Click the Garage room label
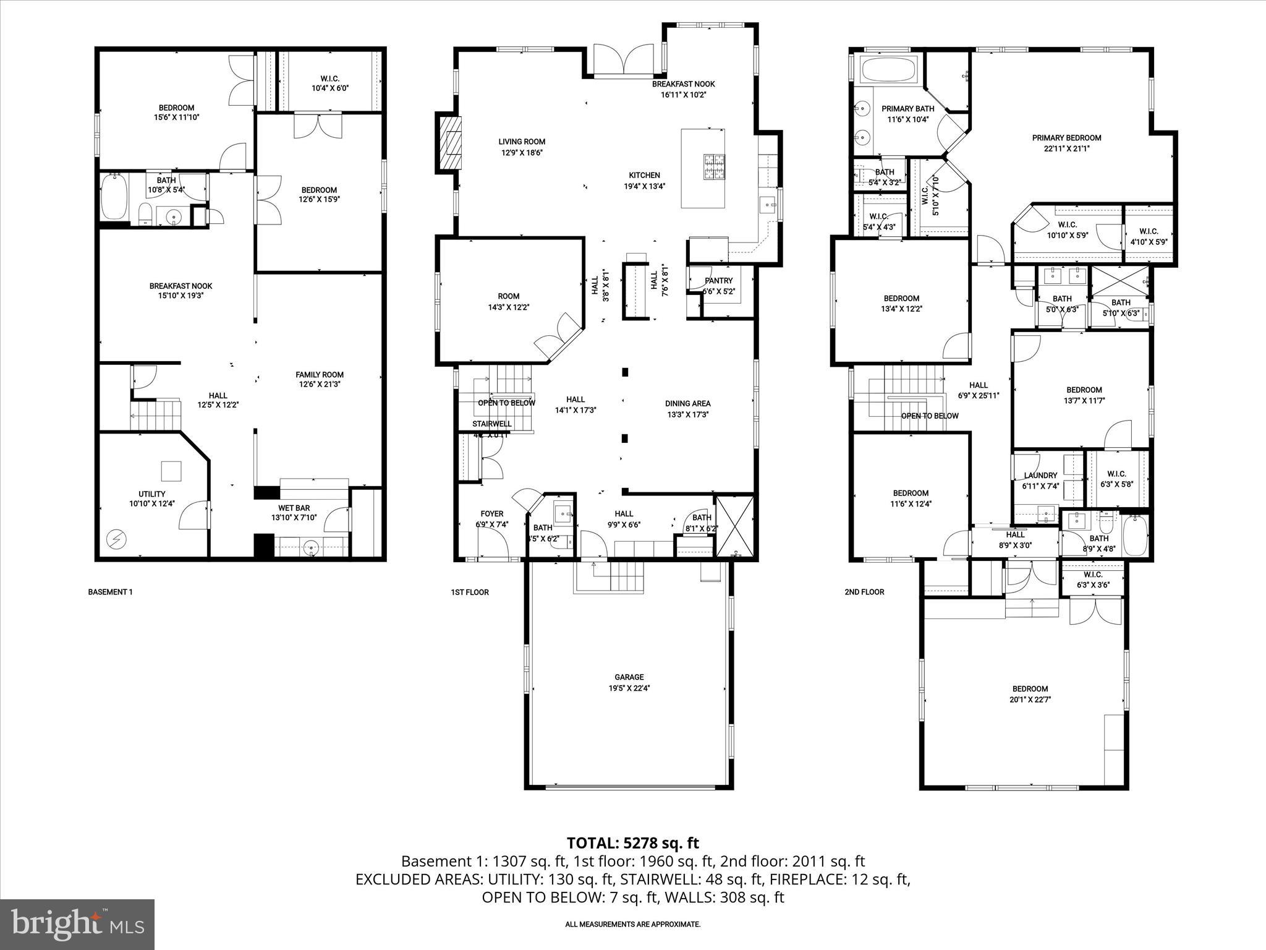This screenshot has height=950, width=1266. tap(629, 677)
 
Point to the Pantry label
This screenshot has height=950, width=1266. tap(718, 281)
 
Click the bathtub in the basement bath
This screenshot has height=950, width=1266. tap(114, 197)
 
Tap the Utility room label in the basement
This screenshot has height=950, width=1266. tap(151, 494)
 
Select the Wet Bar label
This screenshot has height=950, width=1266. tap(294, 508)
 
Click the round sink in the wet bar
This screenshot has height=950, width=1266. tap(313, 546)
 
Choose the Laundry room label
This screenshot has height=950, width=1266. tap(1040, 476)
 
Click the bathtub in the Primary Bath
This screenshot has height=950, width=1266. tap(888, 69)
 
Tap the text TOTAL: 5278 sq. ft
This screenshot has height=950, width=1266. tap(632, 842)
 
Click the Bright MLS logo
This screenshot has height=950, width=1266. tap(77, 924)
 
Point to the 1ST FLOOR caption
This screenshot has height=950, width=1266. tap(469, 592)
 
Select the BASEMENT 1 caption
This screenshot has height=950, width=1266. tap(110, 592)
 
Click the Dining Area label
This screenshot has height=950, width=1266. tap(687, 403)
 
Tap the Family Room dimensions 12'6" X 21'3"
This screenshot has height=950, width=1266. tap(319, 384)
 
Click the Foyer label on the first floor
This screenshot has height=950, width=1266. tap(491, 513)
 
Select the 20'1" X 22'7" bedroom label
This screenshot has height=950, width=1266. tap(1030, 700)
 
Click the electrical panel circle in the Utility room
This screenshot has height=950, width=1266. tap(115, 539)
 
